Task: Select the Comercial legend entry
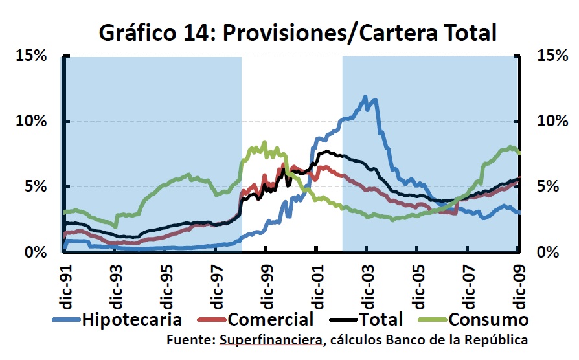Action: click(x=268, y=319)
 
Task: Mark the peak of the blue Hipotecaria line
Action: click(x=366, y=97)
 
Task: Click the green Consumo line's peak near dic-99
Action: click(x=264, y=142)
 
